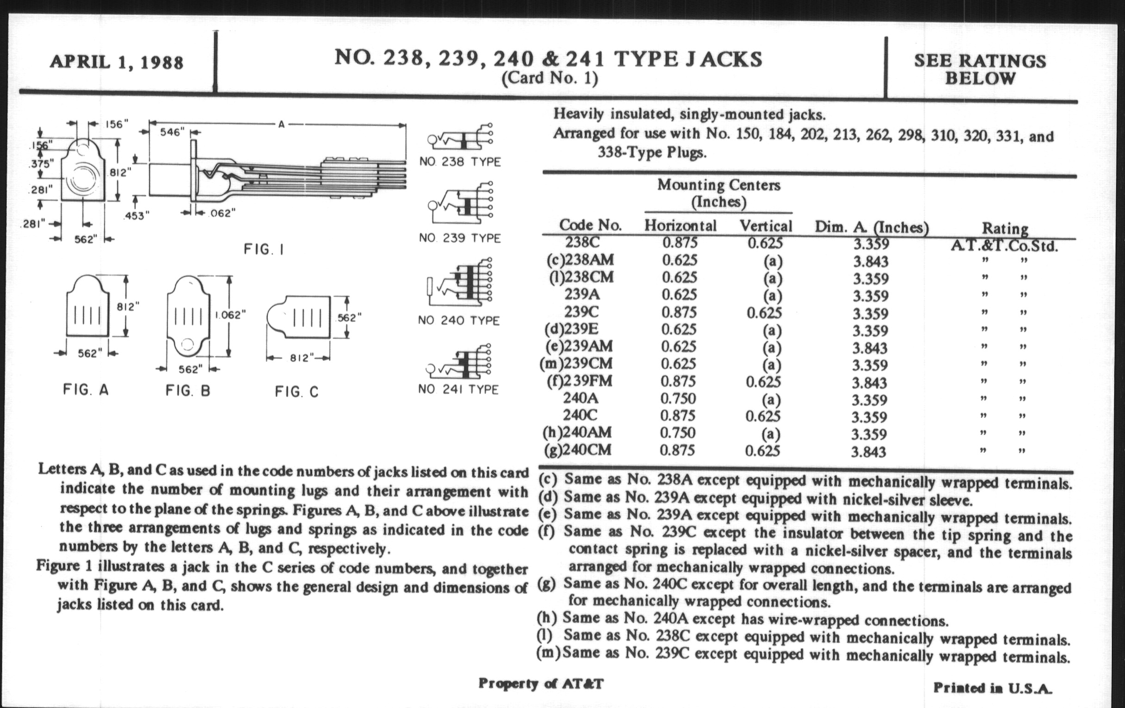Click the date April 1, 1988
pos(116,62)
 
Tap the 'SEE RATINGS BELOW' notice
pos(980,69)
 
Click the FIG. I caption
pos(264,249)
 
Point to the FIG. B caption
pos(188,391)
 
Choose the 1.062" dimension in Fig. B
pos(230,315)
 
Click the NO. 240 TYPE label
pos(458,321)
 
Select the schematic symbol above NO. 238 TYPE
pos(460,137)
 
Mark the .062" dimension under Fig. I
pos(220,213)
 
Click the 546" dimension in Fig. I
pos(172,132)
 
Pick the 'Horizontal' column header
pos(680,226)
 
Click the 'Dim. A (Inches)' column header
pos(872,228)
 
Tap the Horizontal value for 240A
pos(678,398)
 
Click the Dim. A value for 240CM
pos(868,452)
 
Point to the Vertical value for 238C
pos(765,243)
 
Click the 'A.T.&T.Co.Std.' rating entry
pos(1004,246)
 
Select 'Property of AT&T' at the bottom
pos(541,683)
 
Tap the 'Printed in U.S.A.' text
pos(992,688)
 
